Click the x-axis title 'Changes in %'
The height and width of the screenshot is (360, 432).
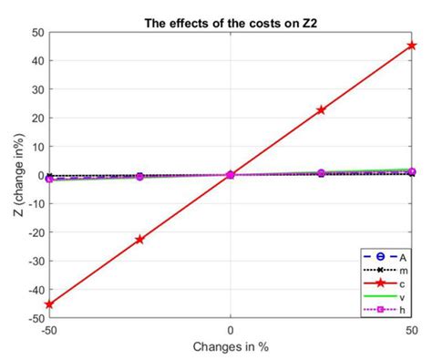[x=231, y=347]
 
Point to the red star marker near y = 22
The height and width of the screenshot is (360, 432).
[x=321, y=109]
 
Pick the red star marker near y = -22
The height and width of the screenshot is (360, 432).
[x=139, y=240]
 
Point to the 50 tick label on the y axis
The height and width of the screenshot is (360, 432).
[x=37, y=32]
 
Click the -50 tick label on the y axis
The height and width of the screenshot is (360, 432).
[x=35, y=318]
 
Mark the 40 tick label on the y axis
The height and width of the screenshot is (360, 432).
[x=37, y=60]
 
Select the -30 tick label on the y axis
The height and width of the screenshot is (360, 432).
[x=35, y=261]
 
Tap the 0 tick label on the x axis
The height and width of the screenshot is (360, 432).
[x=231, y=330]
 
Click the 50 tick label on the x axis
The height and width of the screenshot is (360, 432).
[x=411, y=330]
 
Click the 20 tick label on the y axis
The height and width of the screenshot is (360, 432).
[x=37, y=118]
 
